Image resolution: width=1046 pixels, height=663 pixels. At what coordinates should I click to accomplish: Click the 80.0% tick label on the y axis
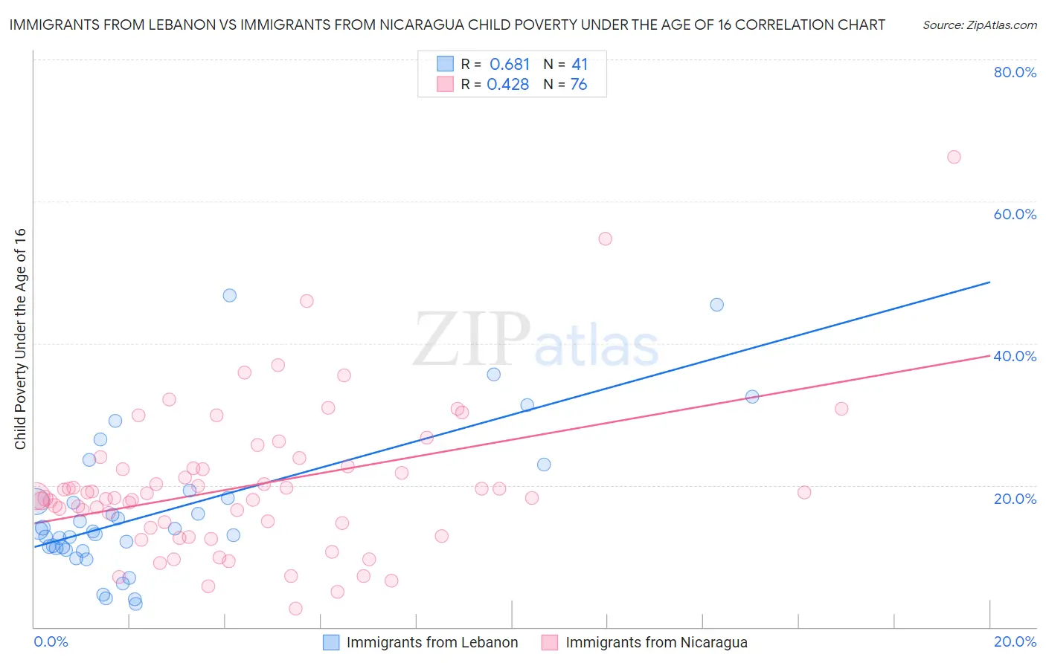pyautogui.click(x=1015, y=72)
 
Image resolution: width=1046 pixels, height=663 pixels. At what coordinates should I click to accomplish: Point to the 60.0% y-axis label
pyautogui.click(x=1015, y=214)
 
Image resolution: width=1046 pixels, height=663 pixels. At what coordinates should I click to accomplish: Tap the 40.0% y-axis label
pyautogui.click(x=1015, y=356)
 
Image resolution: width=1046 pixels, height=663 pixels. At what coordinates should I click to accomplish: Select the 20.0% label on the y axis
pyautogui.click(x=1015, y=499)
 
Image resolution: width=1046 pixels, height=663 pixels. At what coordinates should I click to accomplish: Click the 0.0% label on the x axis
pyautogui.click(x=51, y=641)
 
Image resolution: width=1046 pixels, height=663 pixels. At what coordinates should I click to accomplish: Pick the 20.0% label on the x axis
pyautogui.click(x=1015, y=641)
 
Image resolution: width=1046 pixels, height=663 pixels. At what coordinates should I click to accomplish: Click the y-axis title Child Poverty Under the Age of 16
pyautogui.click(x=20, y=338)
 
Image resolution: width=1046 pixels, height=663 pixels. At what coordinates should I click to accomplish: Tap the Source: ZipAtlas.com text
pyautogui.click(x=979, y=25)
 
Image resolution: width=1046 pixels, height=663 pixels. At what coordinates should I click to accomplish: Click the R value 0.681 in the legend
pyautogui.click(x=510, y=65)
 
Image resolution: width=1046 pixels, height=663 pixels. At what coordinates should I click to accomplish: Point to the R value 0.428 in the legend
pyautogui.click(x=508, y=85)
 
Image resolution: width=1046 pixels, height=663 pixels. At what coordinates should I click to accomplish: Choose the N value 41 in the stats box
pyautogui.click(x=580, y=65)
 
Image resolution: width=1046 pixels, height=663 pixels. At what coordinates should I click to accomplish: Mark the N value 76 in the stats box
pyautogui.click(x=579, y=85)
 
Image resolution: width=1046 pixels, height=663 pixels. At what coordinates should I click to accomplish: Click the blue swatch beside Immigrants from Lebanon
pyautogui.click(x=331, y=642)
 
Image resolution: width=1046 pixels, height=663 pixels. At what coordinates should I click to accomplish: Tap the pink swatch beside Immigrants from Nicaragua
pyautogui.click(x=550, y=642)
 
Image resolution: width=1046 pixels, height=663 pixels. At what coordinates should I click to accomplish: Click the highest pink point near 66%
pyautogui.click(x=954, y=157)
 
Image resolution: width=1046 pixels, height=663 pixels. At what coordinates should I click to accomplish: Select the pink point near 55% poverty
pyautogui.click(x=605, y=239)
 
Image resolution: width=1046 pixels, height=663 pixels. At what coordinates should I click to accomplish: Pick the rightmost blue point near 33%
pyautogui.click(x=752, y=397)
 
